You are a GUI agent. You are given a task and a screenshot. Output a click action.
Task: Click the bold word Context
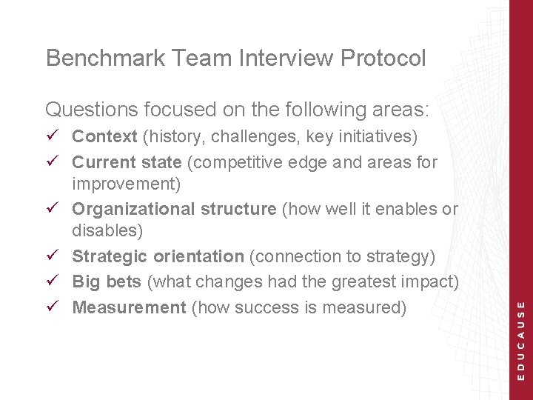104,137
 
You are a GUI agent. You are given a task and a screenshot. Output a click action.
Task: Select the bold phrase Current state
127,162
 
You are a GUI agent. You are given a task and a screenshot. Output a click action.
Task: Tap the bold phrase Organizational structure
174,210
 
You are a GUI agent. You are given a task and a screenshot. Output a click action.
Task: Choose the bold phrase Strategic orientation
158,257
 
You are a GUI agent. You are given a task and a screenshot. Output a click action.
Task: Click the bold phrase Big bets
107,282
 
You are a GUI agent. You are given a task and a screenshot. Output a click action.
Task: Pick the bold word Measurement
129,307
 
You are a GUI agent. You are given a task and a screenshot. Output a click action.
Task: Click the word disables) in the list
107,231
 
